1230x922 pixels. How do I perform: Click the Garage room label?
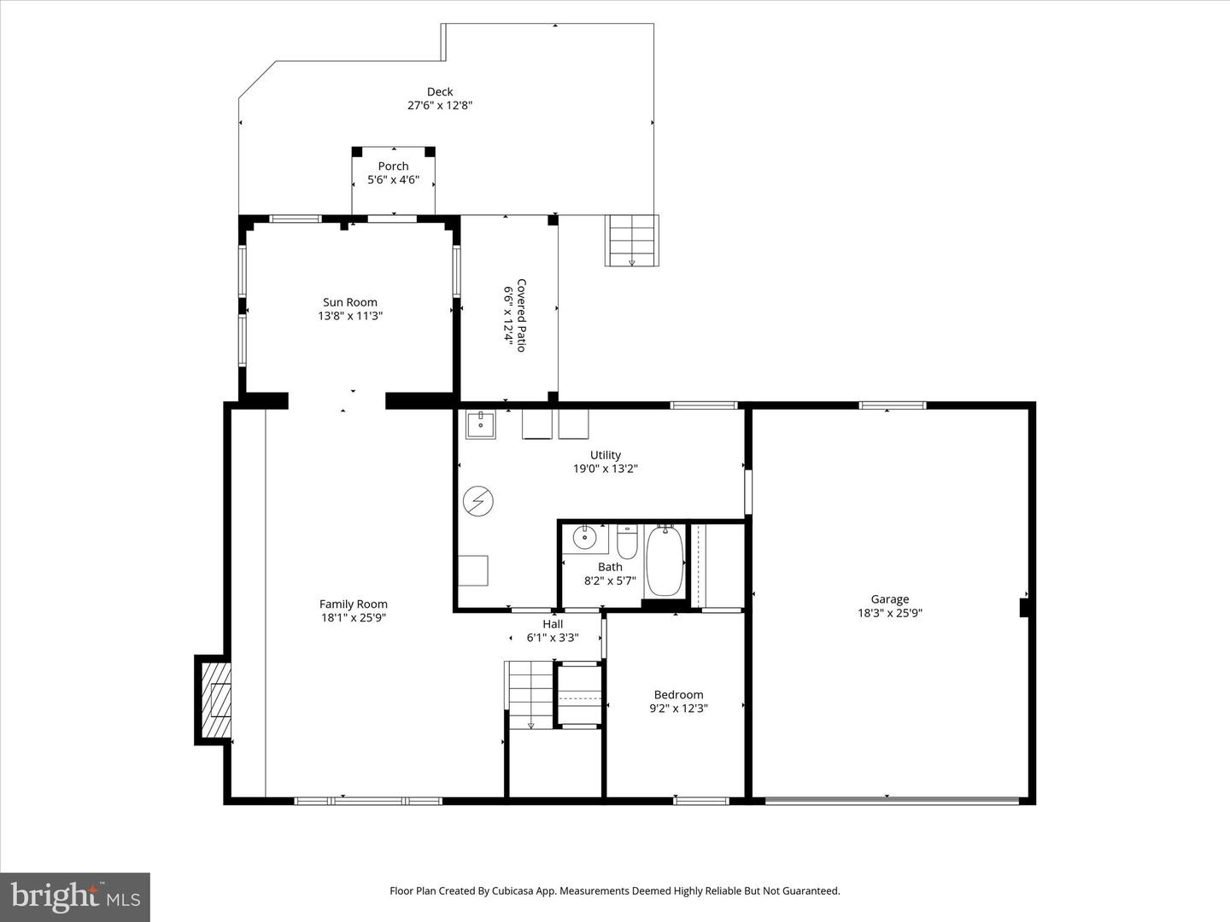point(889,599)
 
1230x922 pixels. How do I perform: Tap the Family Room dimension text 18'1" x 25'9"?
point(354,618)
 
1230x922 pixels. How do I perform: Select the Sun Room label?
point(349,302)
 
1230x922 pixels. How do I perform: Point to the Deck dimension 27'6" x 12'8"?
point(440,106)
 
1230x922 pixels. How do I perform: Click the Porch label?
point(393,166)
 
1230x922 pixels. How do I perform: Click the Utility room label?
point(605,455)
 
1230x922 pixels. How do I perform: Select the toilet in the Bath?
point(627,540)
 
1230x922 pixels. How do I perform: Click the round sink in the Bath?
point(585,538)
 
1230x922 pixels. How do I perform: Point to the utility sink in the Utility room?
point(480,423)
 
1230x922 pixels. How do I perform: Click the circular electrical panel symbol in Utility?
point(478,501)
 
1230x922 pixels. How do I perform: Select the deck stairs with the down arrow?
point(632,240)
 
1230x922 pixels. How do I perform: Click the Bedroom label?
point(678,695)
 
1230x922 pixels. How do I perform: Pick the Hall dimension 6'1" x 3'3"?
point(553,638)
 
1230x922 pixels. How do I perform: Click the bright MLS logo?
point(75,896)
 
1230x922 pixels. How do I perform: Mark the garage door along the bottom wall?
point(891,801)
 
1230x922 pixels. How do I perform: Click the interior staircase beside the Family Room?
point(530,695)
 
